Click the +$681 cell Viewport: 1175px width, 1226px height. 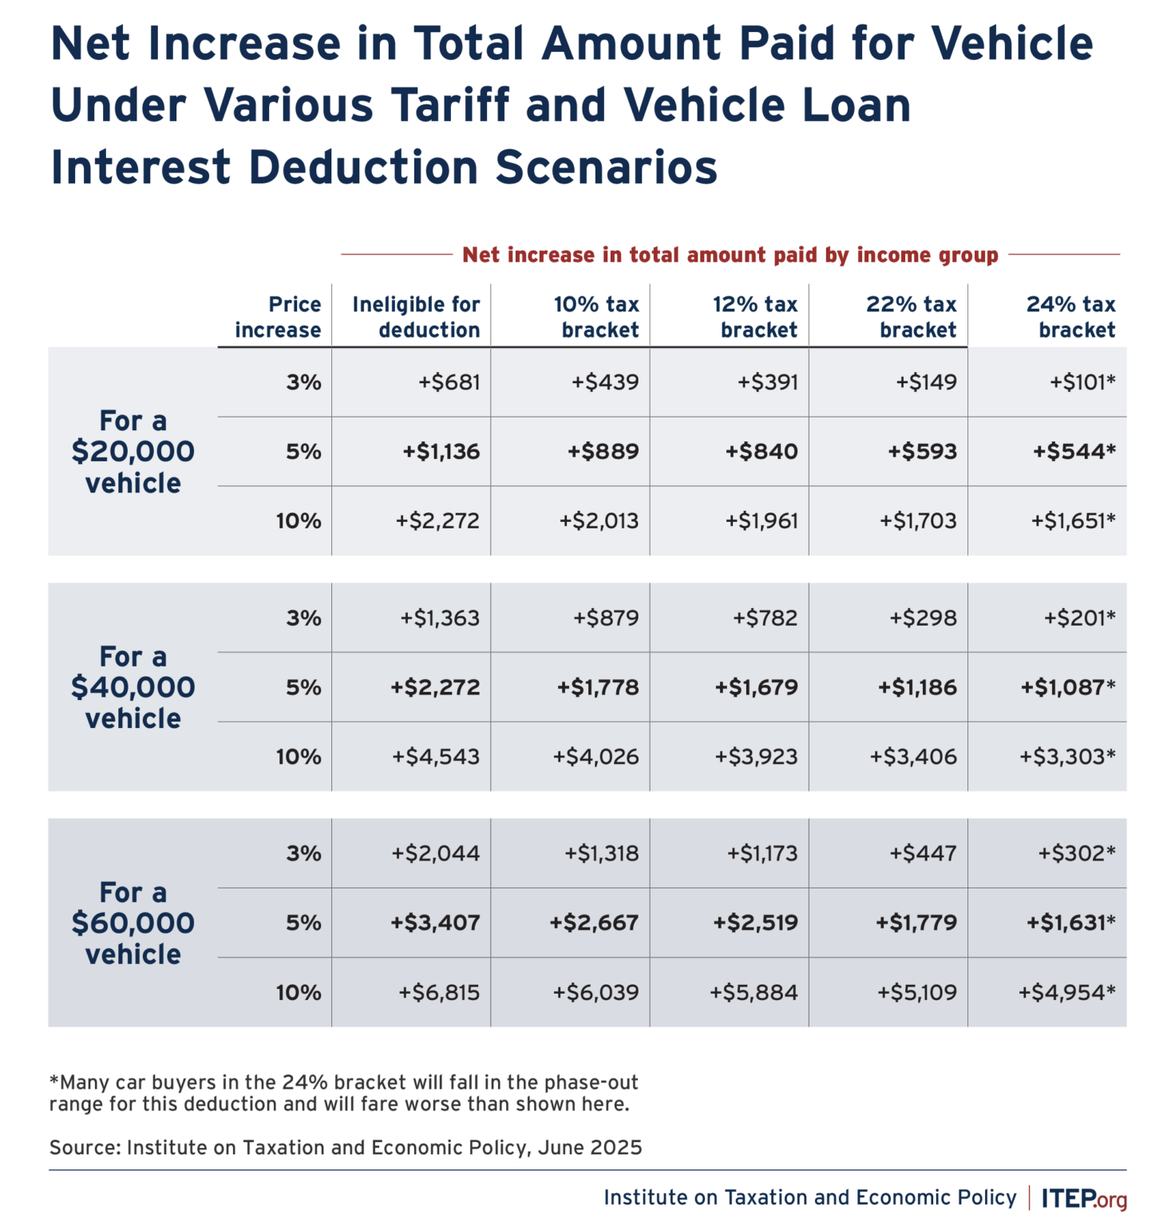coord(449,382)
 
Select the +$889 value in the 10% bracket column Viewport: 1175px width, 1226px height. coord(603,452)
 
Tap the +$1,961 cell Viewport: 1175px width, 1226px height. coord(762,521)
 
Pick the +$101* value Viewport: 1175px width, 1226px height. coord(1082,382)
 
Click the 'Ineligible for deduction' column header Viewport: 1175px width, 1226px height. coord(416,317)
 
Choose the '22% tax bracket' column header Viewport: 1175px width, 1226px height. coord(912,317)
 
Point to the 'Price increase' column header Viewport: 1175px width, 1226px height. coord(278,317)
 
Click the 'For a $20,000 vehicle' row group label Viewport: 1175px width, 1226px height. coord(133,452)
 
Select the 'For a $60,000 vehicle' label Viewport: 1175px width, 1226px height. coord(133,923)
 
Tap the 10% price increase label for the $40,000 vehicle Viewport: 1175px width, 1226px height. coord(299,757)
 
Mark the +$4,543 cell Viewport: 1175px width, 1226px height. coord(436,757)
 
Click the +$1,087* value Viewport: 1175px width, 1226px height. coord(1068,687)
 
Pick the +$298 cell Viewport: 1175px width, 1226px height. coord(923,618)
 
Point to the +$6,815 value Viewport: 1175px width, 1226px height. coord(439,993)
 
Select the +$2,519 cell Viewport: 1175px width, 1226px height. coord(755,923)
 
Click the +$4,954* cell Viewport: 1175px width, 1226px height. coord(1066,993)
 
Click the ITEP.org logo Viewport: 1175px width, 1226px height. coord(1084,1199)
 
